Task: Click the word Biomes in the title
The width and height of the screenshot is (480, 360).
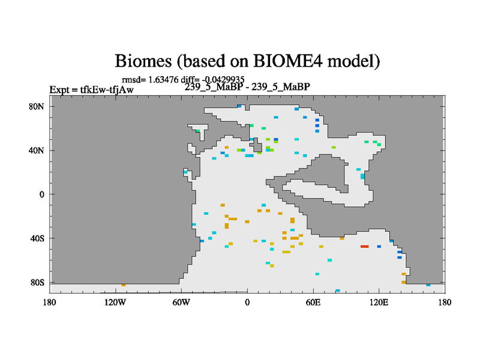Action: [143, 61]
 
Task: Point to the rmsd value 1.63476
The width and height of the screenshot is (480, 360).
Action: [163, 80]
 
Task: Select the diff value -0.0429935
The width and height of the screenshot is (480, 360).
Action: [223, 80]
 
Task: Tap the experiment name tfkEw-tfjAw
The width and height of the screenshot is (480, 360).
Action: [107, 89]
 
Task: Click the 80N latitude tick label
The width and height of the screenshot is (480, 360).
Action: [37, 107]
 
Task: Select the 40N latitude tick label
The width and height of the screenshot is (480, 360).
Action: [37, 151]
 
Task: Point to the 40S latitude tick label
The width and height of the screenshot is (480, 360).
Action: [37, 238]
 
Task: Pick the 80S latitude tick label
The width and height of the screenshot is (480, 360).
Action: [37, 283]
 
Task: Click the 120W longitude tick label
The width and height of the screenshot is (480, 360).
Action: [115, 302]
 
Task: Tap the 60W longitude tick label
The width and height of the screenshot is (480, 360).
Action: [181, 302]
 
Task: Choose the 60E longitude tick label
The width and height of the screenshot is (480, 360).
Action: [313, 302]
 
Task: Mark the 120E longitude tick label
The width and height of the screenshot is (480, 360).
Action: [379, 302]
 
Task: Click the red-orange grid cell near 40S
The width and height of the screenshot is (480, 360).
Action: [365, 247]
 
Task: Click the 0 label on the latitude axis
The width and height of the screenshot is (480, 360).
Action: [41, 194]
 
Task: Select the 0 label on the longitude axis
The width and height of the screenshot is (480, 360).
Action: [247, 302]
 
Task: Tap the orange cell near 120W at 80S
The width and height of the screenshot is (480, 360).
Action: [124, 285]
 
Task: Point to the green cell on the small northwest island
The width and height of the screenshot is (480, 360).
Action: [198, 131]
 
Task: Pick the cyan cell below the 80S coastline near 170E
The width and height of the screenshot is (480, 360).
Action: [428, 285]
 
